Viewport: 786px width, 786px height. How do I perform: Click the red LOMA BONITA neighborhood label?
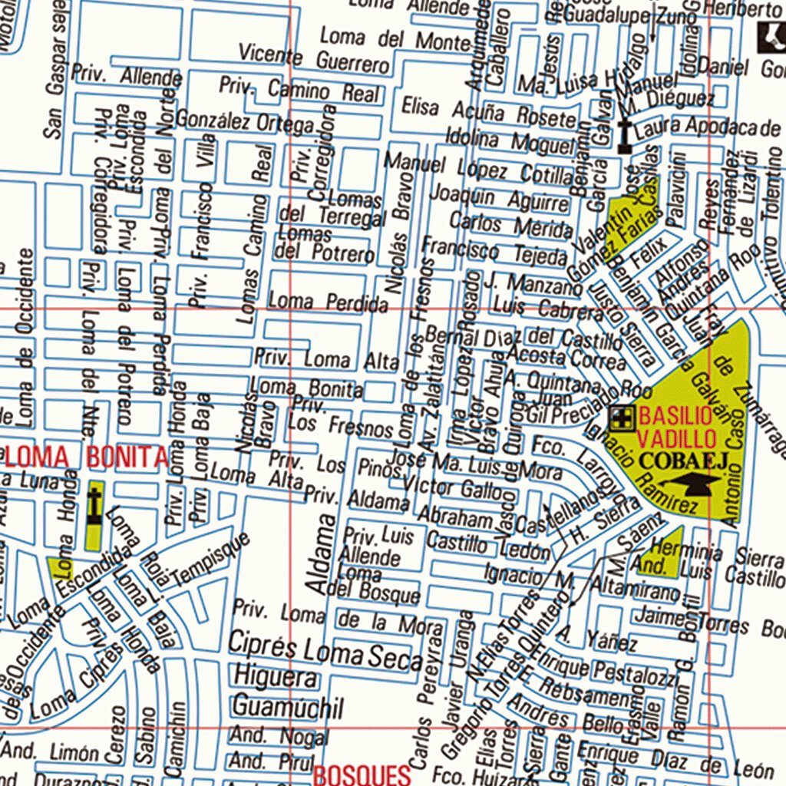click(x=87, y=457)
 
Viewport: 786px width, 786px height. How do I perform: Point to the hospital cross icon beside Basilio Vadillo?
click(x=622, y=419)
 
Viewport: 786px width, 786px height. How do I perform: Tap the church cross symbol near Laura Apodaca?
click(x=626, y=136)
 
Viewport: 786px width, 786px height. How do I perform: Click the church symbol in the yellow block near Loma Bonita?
click(x=94, y=507)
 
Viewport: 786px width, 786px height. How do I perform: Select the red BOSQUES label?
click(x=362, y=774)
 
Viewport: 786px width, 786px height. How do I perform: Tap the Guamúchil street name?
click(x=288, y=706)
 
